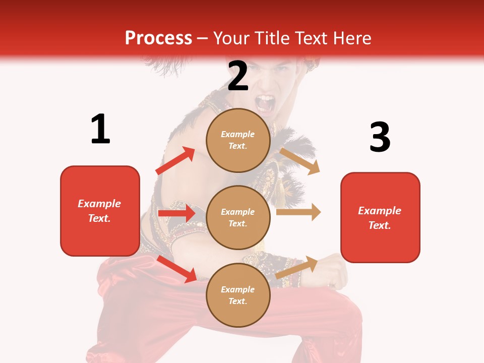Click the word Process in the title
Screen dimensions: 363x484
click(158, 38)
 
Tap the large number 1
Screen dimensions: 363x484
click(100, 129)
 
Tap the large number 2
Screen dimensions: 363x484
click(237, 76)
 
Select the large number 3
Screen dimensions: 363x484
click(380, 137)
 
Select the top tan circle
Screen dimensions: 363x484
click(238, 140)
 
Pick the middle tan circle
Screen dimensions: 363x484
click(238, 217)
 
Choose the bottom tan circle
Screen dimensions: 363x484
click(238, 295)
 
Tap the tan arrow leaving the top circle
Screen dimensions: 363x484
click(300, 161)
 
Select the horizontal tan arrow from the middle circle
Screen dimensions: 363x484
click(298, 212)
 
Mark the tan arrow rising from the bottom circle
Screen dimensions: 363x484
click(297, 267)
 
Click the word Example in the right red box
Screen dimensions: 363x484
click(380, 211)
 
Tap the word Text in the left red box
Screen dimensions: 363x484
click(99, 218)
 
